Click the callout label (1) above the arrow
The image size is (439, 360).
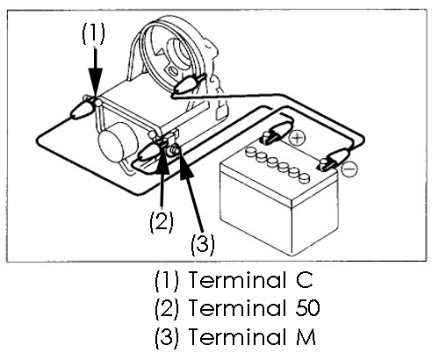click(93, 33)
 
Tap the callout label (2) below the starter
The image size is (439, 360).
click(162, 221)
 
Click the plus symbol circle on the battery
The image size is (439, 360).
click(297, 138)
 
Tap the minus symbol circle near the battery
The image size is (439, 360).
click(349, 169)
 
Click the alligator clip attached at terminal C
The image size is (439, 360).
click(83, 109)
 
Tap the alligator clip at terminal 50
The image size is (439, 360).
click(151, 152)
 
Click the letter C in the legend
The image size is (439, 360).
click(305, 280)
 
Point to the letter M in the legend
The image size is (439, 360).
click(306, 336)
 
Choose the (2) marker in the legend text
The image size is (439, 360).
click(167, 308)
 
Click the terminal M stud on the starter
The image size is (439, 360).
click(174, 150)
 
